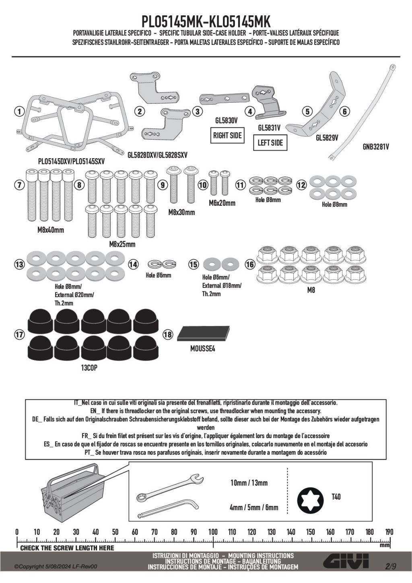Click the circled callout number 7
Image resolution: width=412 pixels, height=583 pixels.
19,185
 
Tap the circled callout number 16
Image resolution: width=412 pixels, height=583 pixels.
250,265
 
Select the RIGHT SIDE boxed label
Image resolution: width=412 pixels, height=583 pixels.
227,136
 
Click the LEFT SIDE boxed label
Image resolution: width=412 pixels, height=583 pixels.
270,143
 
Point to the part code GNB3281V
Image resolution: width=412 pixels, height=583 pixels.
376,147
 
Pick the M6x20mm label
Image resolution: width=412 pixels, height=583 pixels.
222,203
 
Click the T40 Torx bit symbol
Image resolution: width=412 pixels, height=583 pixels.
310,500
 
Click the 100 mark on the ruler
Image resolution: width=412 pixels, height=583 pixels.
213,532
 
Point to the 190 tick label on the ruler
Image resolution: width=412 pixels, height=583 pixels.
389,532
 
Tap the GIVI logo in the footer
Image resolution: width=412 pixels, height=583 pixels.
346,562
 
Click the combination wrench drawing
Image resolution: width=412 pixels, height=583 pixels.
169,487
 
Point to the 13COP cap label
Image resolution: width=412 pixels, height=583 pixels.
89,368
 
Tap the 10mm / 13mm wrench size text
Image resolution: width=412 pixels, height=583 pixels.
249,483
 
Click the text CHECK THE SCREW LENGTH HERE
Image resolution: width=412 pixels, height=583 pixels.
67,548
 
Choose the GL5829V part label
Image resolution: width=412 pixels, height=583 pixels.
327,138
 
